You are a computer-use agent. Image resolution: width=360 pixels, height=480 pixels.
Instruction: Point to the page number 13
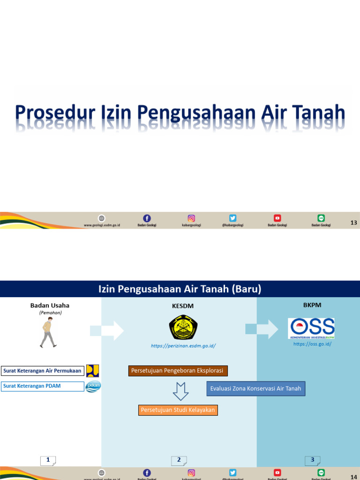[x=354, y=222]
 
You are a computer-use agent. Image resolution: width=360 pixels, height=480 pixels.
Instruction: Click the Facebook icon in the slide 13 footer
[x=147, y=218]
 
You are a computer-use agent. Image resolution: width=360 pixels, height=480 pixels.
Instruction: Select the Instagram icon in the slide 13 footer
[x=191, y=218]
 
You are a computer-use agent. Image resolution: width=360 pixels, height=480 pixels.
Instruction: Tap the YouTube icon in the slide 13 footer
[x=277, y=218]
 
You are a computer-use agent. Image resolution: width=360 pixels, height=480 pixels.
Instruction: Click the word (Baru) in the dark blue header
[x=246, y=289]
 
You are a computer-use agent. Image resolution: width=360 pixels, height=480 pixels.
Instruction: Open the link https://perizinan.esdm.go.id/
[x=183, y=346]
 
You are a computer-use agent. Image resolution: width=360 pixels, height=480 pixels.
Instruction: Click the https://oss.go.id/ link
[x=312, y=344]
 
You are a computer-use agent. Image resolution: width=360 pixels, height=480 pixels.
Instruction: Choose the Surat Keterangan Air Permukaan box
[x=43, y=371]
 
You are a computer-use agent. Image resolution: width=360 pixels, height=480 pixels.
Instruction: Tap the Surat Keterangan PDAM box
[x=43, y=386]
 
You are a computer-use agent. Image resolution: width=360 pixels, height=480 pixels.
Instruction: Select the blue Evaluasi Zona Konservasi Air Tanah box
[x=256, y=389]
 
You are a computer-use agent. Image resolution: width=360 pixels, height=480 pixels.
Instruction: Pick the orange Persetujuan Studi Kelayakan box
[x=178, y=410]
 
